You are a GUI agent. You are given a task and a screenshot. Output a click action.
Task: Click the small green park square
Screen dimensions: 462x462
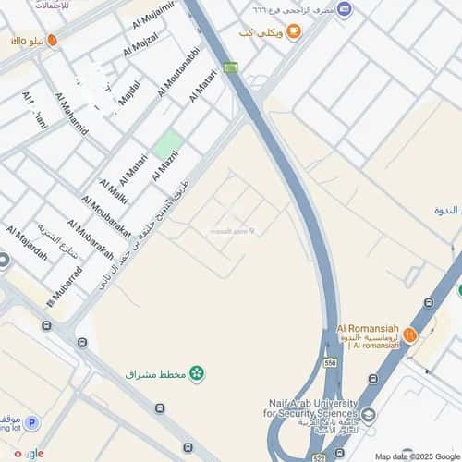168,144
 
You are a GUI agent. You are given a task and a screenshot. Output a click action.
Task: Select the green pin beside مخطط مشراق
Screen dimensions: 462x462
196,373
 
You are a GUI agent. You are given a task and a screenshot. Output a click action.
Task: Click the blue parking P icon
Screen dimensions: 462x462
31,423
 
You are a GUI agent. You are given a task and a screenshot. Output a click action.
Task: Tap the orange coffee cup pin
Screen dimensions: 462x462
293,33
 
